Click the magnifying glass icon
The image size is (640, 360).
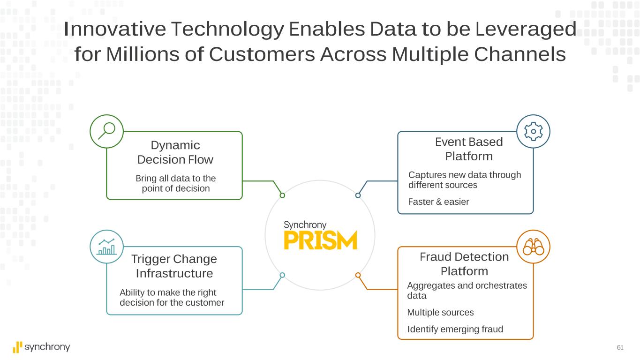click(x=106, y=131)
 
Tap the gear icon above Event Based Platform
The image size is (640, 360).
click(x=533, y=132)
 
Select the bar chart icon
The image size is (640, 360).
click(x=106, y=247)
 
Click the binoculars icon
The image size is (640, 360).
click(x=533, y=247)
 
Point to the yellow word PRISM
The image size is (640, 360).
click(x=321, y=240)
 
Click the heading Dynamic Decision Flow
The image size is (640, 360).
click(x=175, y=152)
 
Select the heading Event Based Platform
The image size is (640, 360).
click(x=469, y=149)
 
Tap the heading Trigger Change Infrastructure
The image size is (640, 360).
click(x=174, y=266)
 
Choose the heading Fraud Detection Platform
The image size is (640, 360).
click(x=464, y=264)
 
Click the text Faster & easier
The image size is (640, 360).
click(x=438, y=202)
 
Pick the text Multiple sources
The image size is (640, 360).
click(x=440, y=313)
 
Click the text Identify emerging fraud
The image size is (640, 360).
click(x=455, y=329)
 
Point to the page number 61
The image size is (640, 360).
click(x=620, y=347)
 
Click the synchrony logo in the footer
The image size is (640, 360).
click(x=41, y=347)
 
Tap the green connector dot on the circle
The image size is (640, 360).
click(x=282, y=195)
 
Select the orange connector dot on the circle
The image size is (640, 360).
click(x=358, y=275)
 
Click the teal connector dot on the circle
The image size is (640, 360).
click(x=282, y=275)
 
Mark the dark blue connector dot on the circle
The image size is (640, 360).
click(x=358, y=195)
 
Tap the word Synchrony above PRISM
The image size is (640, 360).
click(x=305, y=225)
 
